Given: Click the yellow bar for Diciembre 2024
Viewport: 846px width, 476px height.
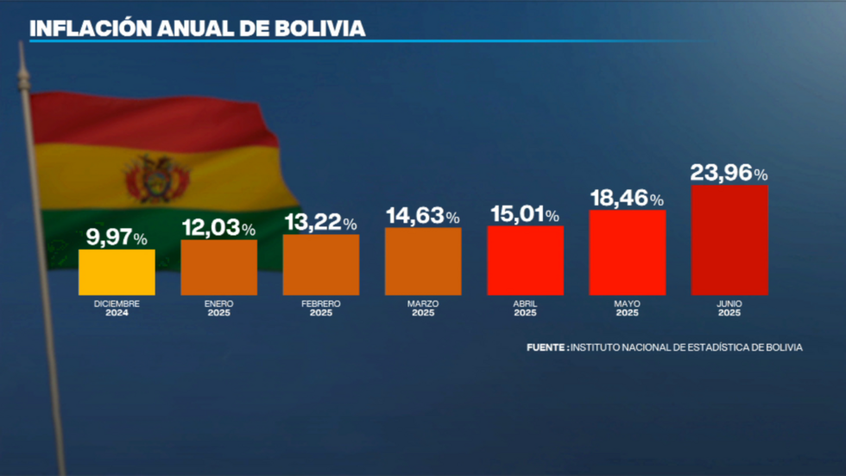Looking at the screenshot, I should click(117, 272).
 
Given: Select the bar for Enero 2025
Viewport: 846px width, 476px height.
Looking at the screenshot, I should click(218, 267).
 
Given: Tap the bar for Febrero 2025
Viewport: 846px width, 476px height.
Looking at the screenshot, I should click(321, 264).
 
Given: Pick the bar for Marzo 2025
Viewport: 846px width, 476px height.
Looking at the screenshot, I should click(423, 261).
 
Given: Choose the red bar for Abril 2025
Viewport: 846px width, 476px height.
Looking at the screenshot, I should click(525, 260).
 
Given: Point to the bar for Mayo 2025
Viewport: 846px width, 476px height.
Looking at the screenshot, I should click(627, 252).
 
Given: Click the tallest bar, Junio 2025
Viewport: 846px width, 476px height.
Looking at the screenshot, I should click(729, 239).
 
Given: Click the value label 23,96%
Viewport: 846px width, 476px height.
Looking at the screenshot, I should click(729, 173).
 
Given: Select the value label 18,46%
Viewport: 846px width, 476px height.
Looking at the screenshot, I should click(627, 198).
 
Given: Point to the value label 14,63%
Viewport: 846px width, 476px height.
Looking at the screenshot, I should click(423, 216).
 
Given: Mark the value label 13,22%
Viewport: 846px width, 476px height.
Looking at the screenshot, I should click(320, 223).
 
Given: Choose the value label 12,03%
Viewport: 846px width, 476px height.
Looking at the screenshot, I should click(218, 228).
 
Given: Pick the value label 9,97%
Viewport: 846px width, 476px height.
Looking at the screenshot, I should click(117, 238).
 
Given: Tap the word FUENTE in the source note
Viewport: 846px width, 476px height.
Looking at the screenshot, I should click(546, 347).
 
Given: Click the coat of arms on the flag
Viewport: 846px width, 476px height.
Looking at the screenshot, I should click(156, 179).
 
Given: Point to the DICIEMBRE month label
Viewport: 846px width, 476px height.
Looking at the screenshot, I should click(117, 304).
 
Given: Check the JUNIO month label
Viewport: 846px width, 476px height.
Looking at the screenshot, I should click(729, 304).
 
